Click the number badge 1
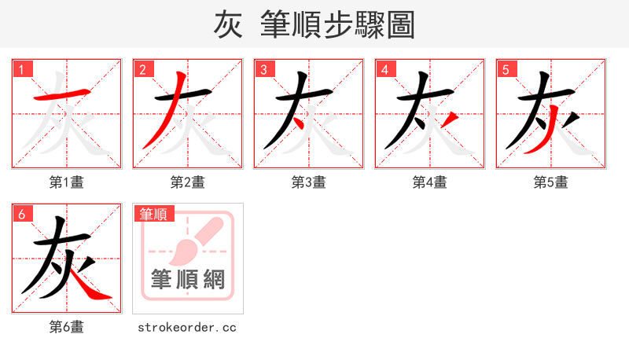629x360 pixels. click(21, 69)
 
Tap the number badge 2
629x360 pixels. click(142, 69)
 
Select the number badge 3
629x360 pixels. click(263, 69)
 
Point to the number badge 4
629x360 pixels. click(384, 69)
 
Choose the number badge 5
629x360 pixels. click(506, 69)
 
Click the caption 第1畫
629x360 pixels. click(67, 182)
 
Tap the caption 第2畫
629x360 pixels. click(188, 182)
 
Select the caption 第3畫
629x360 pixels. click(309, 182)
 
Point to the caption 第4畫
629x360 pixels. click(430, 182)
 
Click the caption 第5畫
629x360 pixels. click(551, 182)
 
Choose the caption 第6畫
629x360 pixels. click(67, 327)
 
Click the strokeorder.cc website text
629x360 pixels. click(188, 327)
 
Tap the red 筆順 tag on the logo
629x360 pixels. click(154, 214)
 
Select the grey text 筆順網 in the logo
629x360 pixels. click(188, 280)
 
